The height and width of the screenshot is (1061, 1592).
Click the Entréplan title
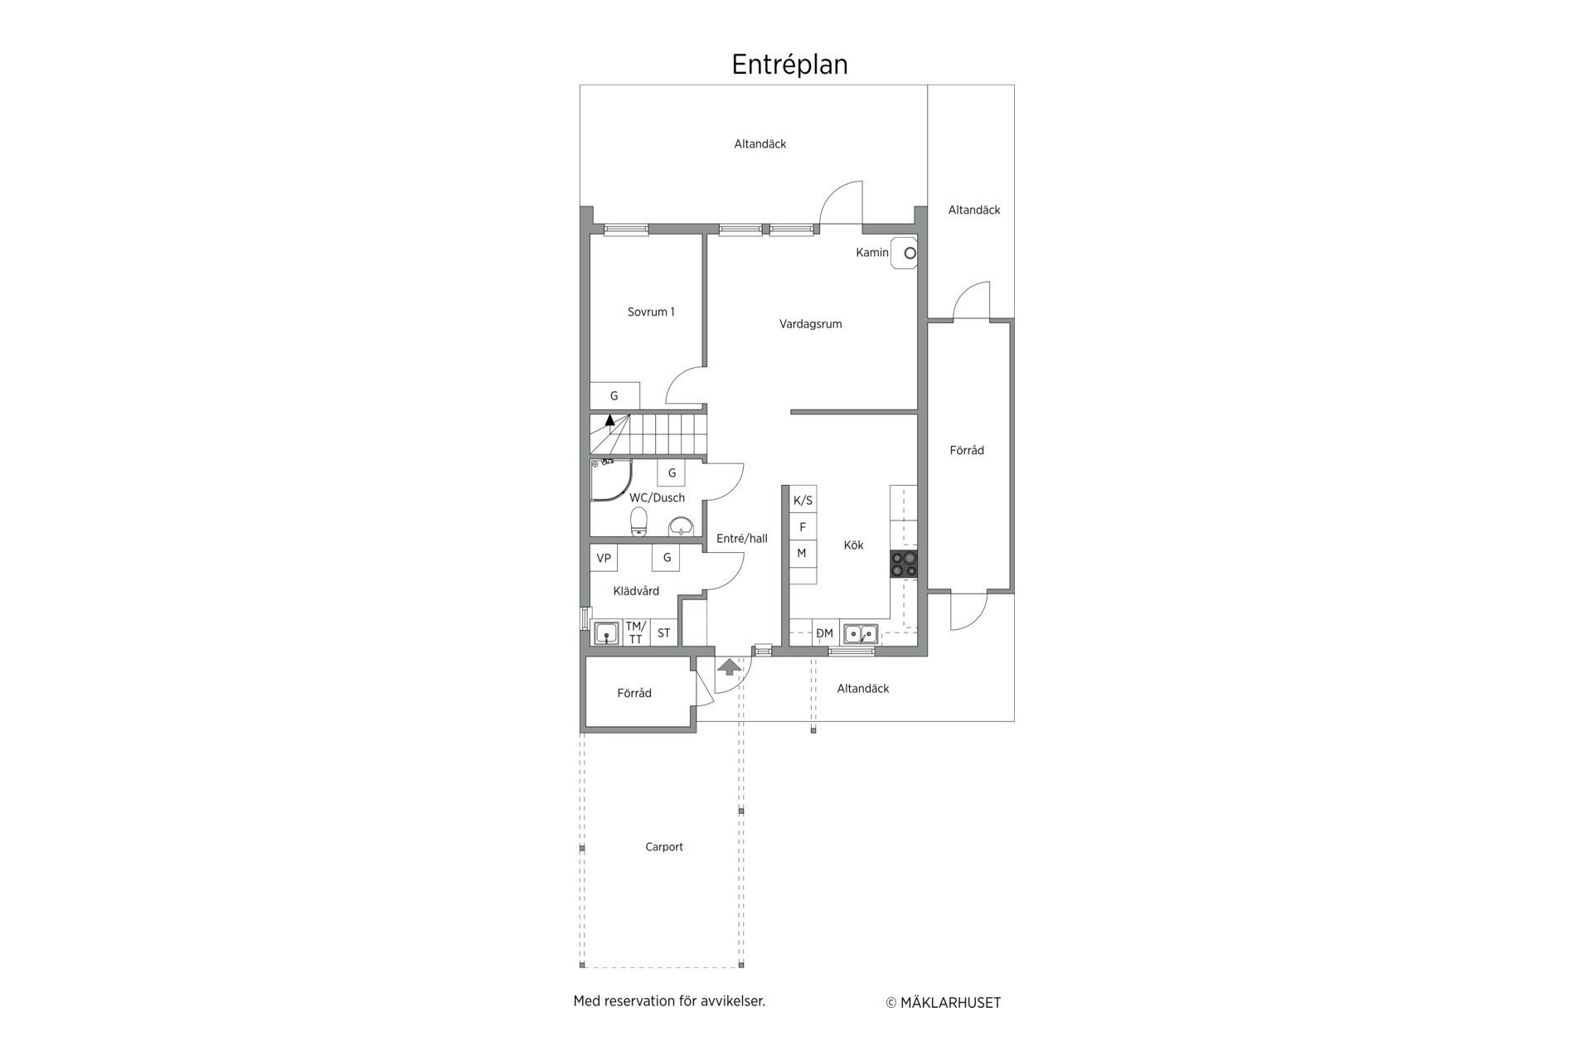789,65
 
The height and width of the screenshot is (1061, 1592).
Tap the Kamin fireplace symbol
904,253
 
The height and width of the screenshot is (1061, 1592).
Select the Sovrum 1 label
651,312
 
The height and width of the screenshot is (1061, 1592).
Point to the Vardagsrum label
810,324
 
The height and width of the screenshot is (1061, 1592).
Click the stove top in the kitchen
904,564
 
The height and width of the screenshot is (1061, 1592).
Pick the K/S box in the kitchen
803,500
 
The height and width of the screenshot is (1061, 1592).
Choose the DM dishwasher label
824,634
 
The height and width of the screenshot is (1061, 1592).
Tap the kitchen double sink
861,634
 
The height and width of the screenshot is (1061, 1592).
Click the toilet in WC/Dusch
638,521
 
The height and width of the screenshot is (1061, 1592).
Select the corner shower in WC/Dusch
610,481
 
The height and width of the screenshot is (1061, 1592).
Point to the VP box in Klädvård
604,558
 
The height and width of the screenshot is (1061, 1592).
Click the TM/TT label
636,632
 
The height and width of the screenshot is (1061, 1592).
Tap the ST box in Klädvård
664,633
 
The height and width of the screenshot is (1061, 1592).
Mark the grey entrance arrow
730,666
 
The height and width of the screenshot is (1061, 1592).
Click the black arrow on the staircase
610,419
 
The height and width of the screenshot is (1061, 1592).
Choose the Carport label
664,847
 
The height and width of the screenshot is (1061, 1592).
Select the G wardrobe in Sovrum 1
614,396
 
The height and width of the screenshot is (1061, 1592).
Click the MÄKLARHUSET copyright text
944,1003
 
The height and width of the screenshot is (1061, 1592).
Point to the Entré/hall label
742,539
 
